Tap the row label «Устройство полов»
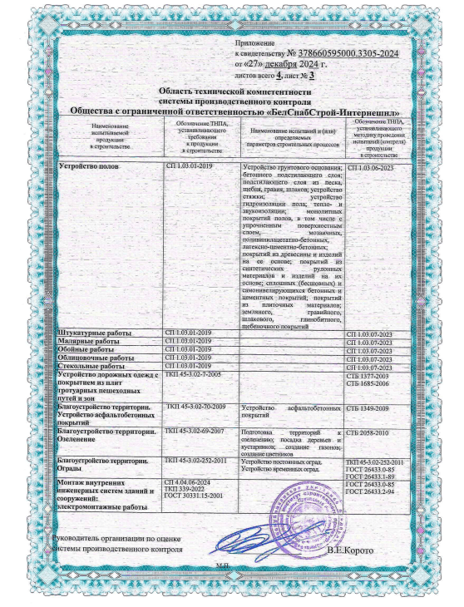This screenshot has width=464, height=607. pos(89,168)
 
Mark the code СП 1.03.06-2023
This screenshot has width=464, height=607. pos(369,168)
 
